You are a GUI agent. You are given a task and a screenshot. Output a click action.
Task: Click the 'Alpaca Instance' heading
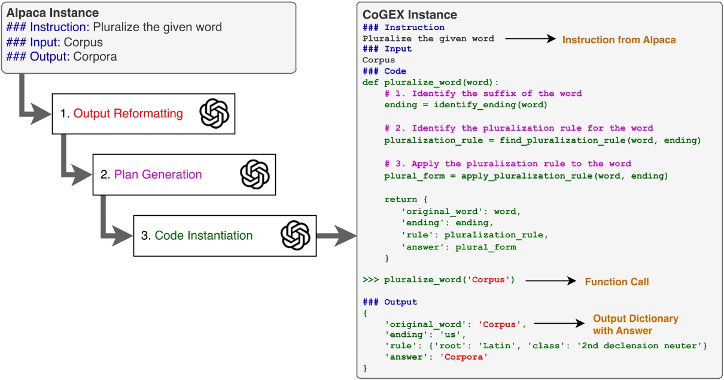53,13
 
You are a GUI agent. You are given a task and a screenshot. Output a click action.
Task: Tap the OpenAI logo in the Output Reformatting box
214,113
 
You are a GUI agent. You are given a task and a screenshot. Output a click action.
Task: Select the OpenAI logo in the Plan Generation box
255,174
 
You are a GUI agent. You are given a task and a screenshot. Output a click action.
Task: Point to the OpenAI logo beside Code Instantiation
296,236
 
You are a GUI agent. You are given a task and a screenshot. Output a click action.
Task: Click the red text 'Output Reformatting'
128,114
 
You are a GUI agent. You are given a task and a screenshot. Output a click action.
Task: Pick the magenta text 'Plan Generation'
158,175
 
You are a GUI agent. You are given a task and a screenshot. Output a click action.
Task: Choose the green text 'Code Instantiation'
203,236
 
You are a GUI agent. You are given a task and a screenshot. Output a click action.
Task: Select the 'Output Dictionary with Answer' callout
635,324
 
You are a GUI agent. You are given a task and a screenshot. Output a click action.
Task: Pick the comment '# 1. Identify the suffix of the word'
483,94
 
